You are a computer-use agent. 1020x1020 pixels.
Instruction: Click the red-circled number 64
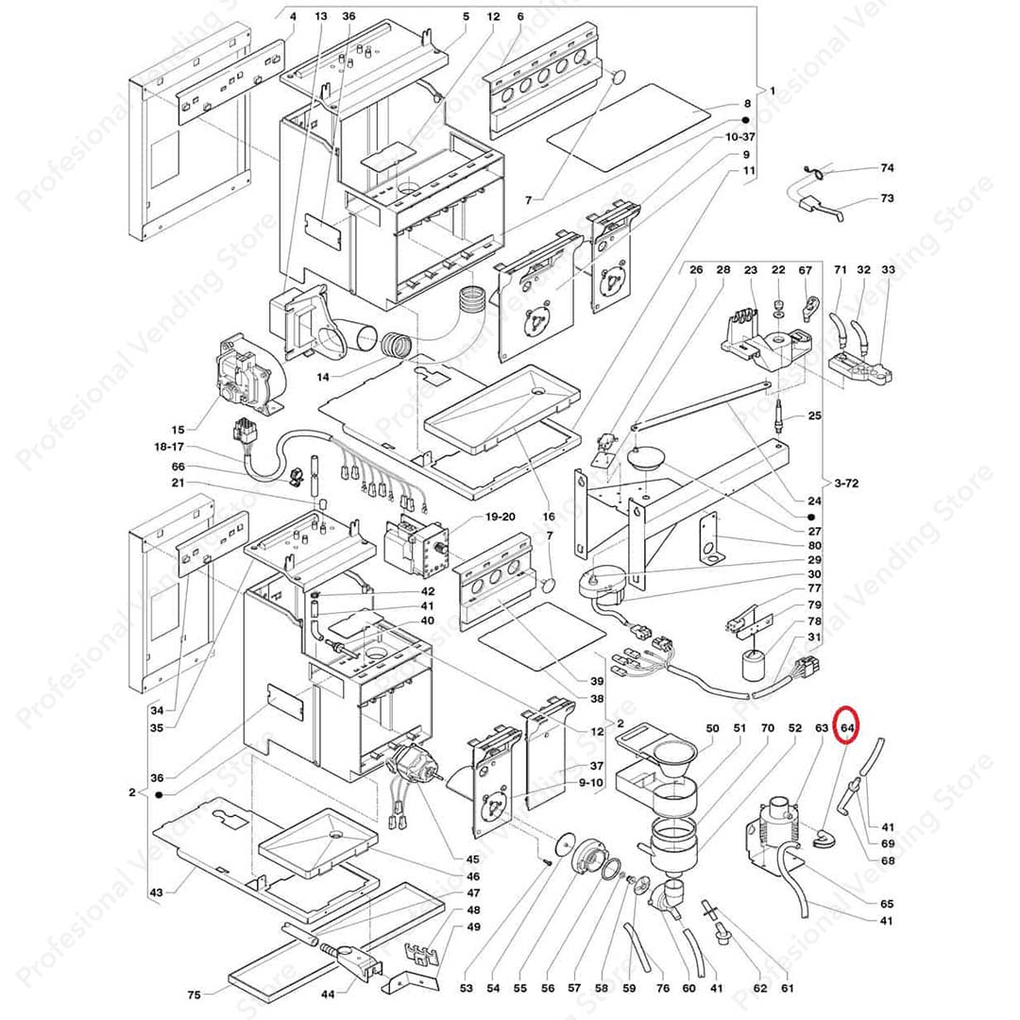click(847, 728)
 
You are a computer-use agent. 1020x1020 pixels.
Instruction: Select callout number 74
click(886, 168)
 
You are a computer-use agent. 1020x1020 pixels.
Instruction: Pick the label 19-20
click(501, 517)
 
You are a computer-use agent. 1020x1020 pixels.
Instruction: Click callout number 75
click(194, 994)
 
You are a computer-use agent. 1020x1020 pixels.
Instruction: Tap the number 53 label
click(466, 989)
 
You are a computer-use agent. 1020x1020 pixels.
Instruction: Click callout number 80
click(813, 545)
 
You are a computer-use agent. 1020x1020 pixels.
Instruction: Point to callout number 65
click(886, 904)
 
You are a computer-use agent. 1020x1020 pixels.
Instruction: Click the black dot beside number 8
click(744, 121)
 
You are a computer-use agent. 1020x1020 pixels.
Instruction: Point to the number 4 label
click(292, 17)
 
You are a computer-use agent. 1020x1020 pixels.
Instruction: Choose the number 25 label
click(815, 416)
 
